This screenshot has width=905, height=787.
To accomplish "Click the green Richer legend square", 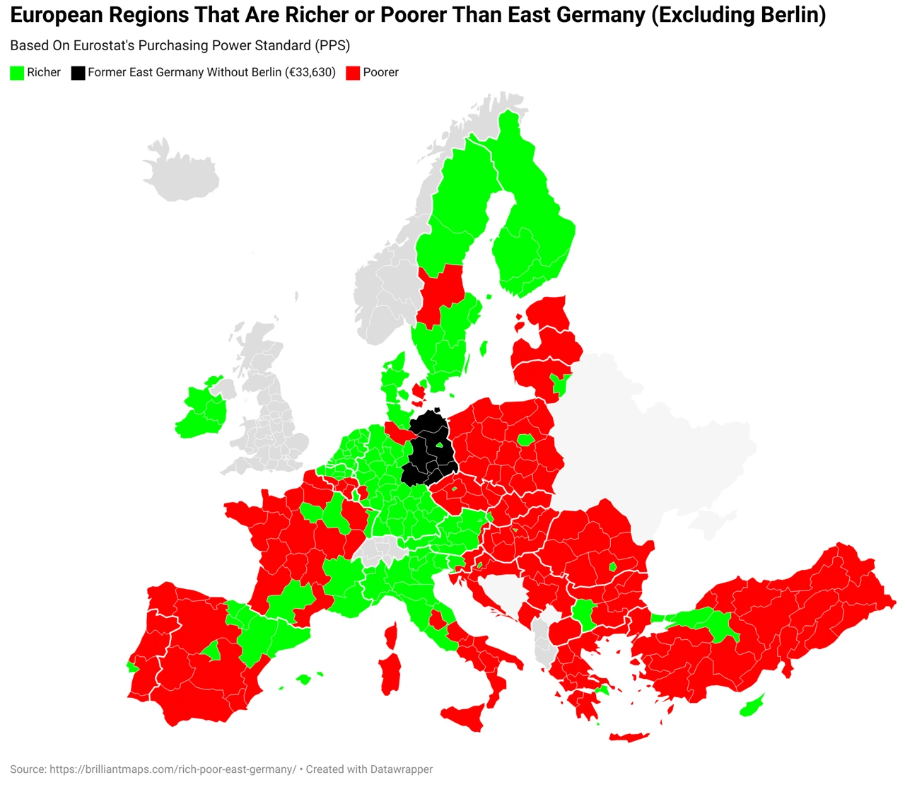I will pos(17,73).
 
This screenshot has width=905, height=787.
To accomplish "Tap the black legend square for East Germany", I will pos(78,73).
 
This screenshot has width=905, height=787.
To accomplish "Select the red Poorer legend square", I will pos(353,73).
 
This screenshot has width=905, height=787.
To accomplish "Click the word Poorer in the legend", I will pos(380,72).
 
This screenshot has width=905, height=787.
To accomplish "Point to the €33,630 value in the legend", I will pos(311,72).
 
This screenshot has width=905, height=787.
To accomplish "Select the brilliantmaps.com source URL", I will pos(173,769).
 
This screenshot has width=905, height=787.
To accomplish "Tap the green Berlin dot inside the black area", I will pos(440,445).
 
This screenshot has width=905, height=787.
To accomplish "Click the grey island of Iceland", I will pos(180,170).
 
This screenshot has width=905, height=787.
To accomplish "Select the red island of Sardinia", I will pos(390,673).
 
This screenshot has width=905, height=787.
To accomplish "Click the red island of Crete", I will pos(629,737).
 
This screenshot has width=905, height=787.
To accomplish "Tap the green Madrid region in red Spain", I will pos(211,651).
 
